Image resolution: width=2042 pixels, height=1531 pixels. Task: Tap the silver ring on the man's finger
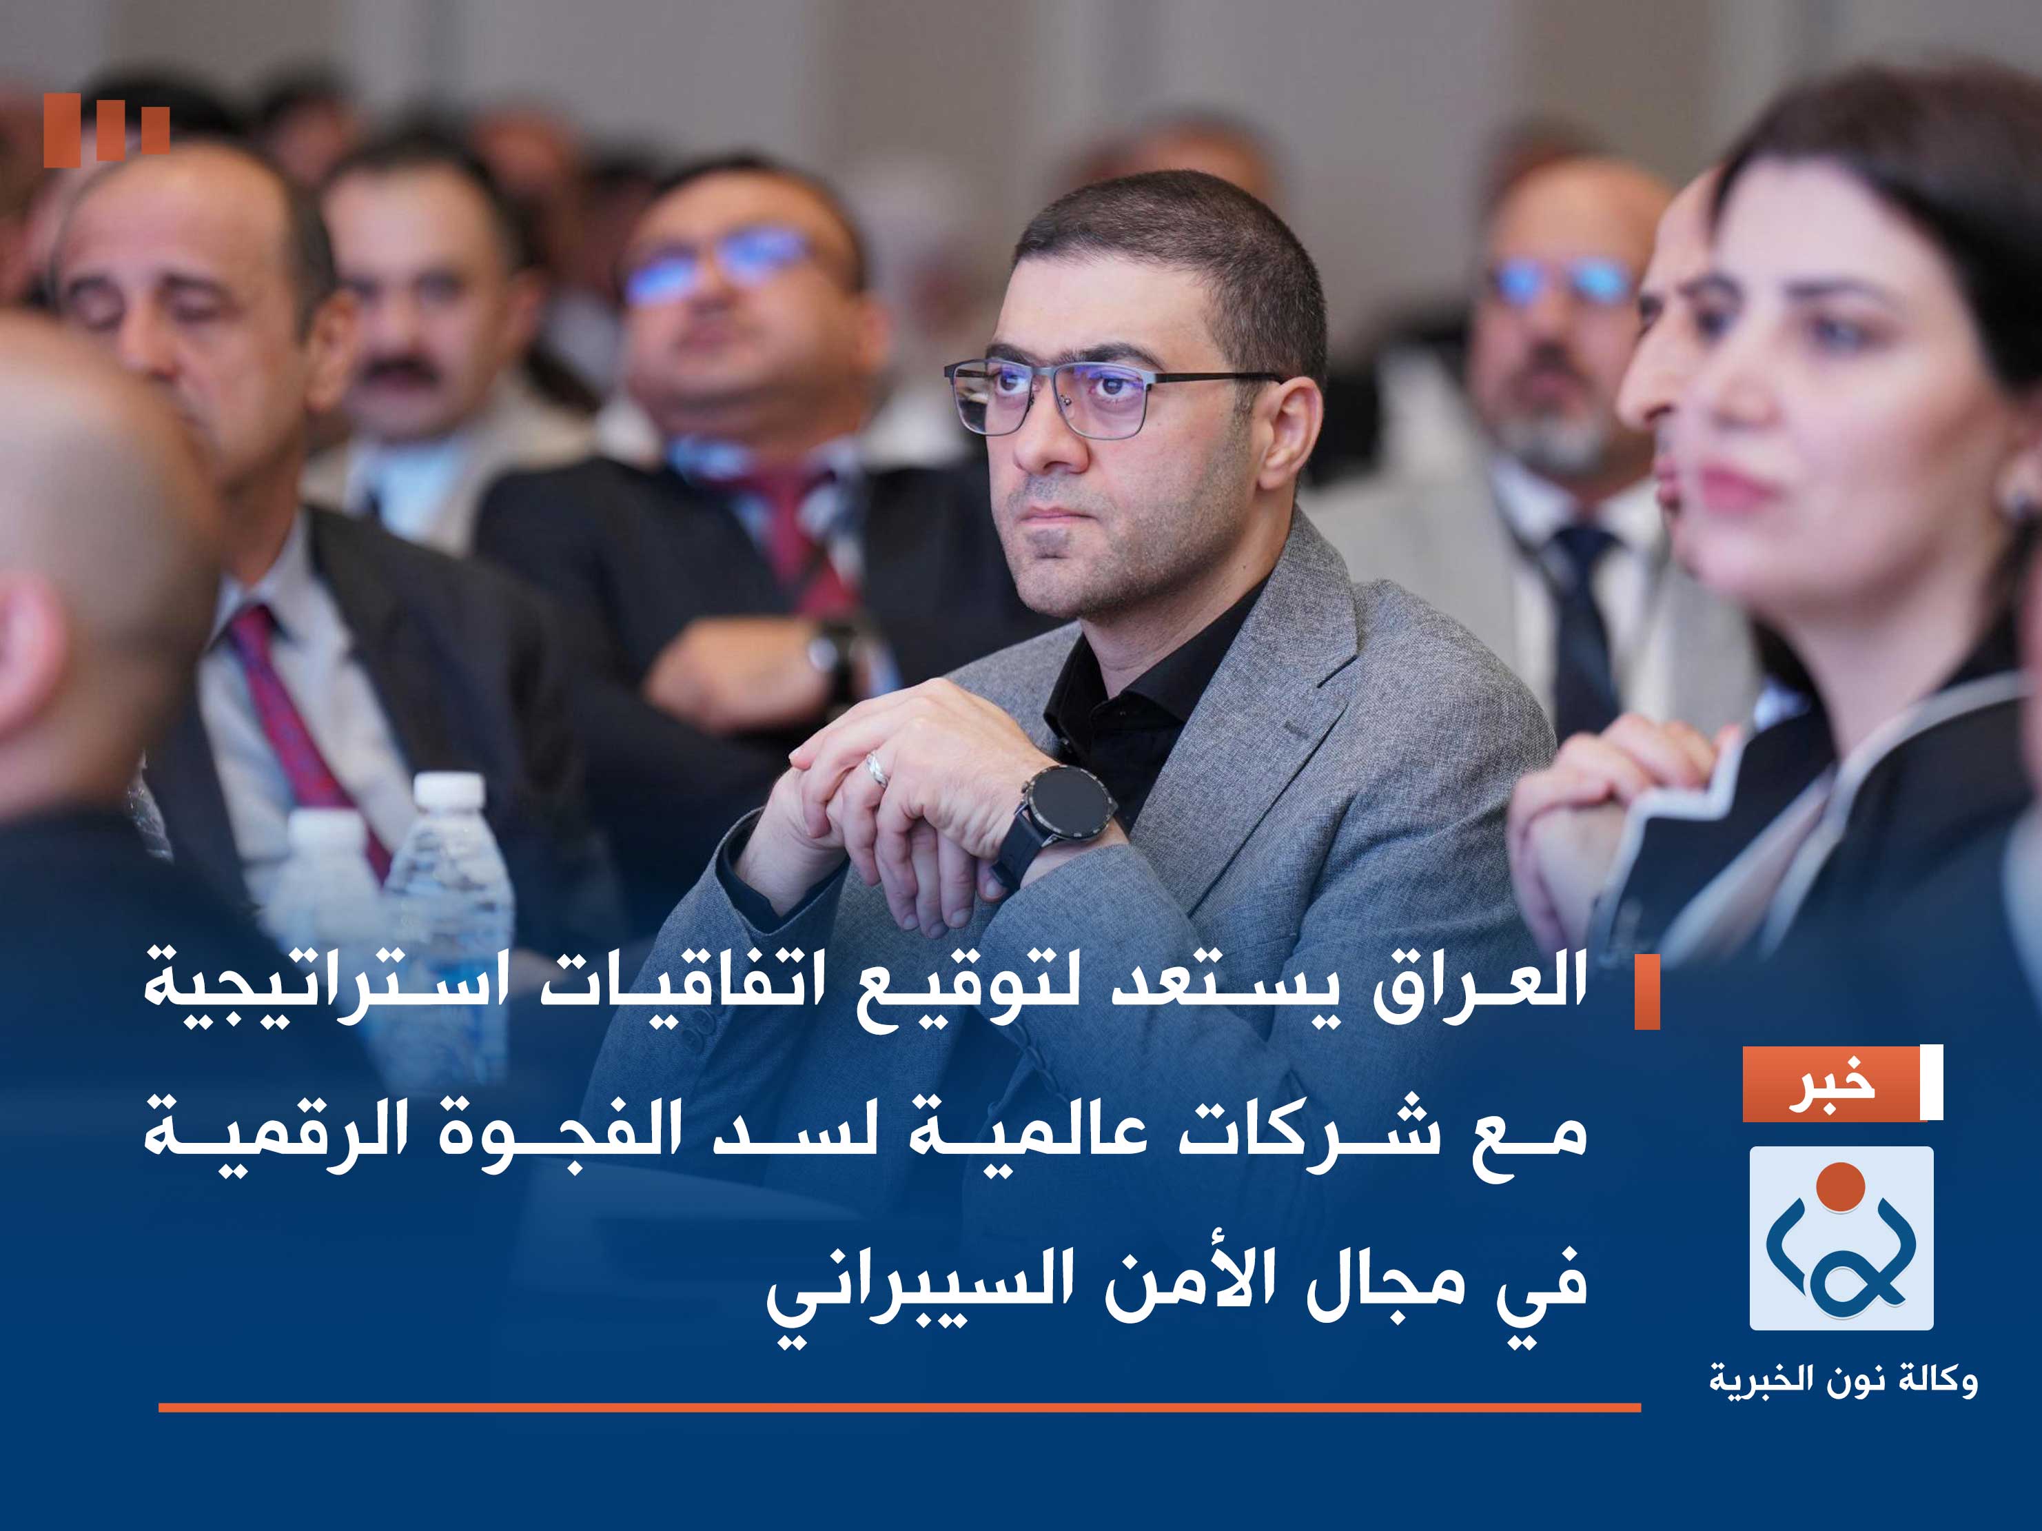[875, 769]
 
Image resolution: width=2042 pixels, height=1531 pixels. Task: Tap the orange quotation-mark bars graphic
[106, 130]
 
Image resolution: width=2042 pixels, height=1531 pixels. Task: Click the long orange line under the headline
[899, 1407]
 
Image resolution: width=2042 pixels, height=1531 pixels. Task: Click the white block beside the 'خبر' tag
[1930, 1083]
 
